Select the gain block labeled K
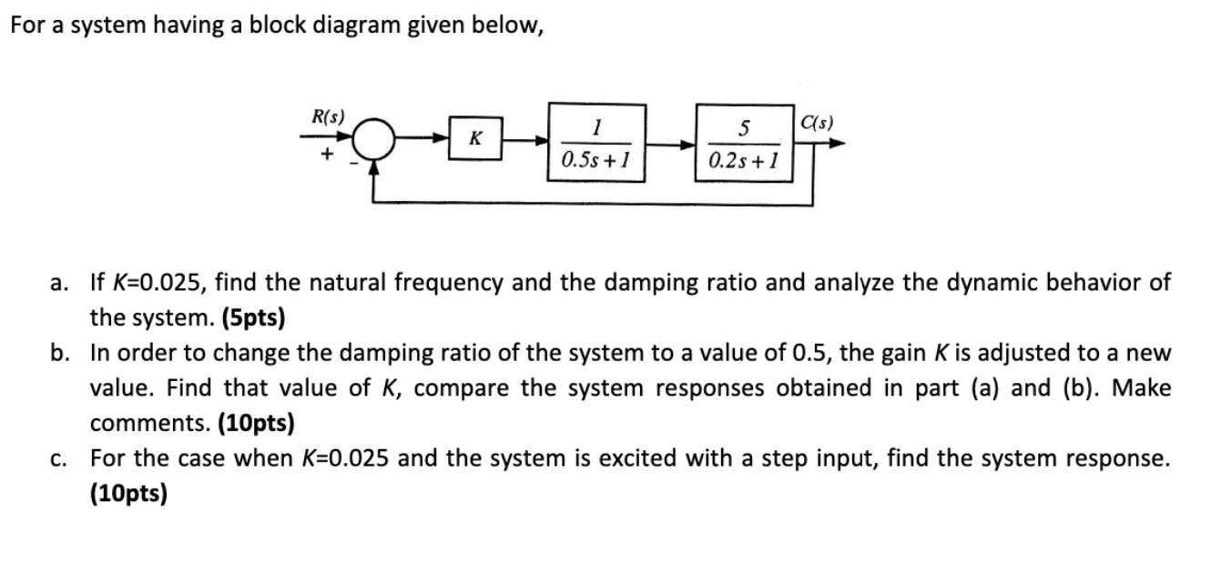474,141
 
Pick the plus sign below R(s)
324,156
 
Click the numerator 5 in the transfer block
744,128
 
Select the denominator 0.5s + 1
596,162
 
